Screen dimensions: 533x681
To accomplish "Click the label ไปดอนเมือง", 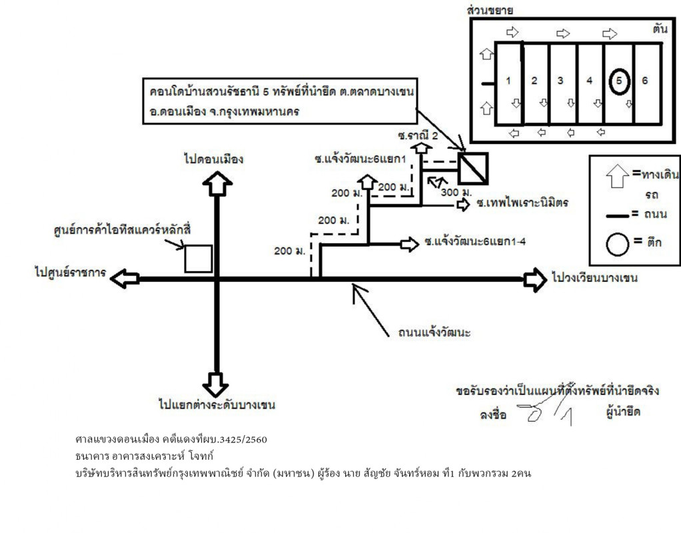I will point(214,159).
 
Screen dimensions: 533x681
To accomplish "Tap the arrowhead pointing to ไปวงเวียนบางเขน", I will point(534,279).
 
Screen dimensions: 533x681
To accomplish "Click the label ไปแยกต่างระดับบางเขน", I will point(217,404).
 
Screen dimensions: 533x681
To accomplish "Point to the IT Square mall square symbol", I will point(198,259).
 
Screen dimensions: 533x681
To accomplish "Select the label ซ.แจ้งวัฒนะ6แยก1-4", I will point(474,243).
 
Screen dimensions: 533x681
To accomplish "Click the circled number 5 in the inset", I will point(618,81).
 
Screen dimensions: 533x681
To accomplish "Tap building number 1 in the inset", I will point(508,81).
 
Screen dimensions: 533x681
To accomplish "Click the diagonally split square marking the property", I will point(473,168).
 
